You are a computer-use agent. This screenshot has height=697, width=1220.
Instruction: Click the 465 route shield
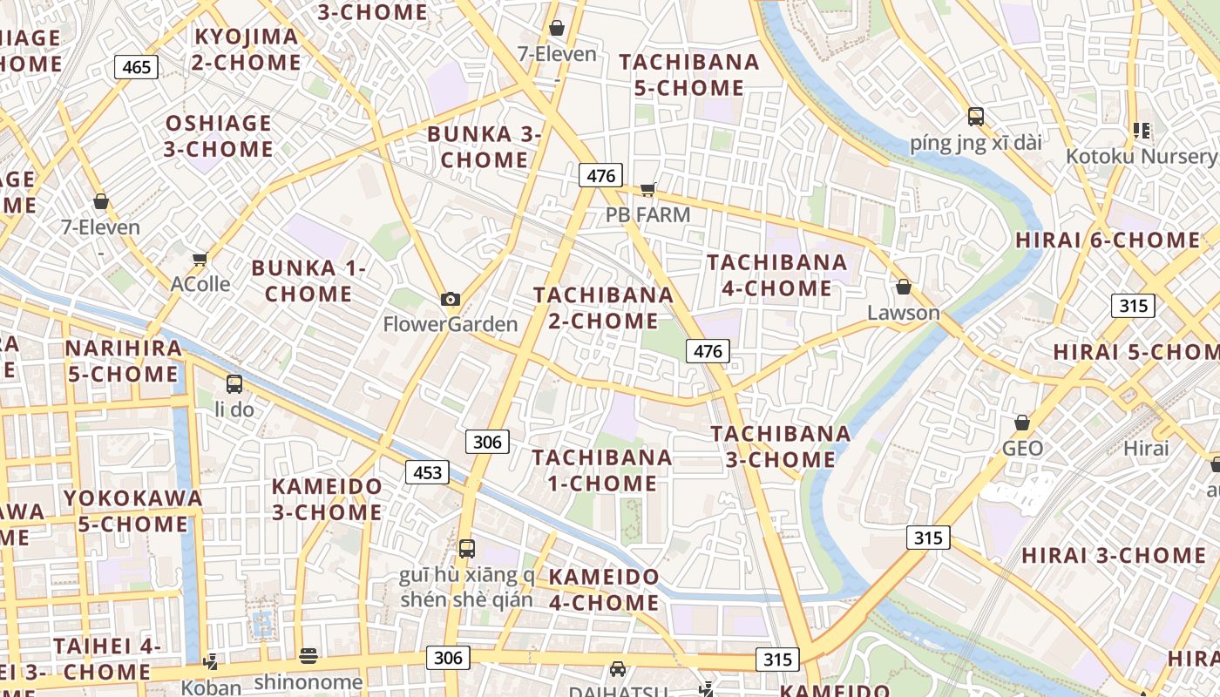click(136, 67)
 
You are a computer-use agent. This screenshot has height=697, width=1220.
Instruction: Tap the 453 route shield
click(427, 472)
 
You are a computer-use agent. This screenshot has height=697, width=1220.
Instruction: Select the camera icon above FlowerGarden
click(451, 300)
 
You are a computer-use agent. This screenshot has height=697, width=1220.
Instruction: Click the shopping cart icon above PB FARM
click(647, 189)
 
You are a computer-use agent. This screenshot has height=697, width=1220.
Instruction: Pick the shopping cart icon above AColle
click(200, 259)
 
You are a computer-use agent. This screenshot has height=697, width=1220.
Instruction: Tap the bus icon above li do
click(234, 383)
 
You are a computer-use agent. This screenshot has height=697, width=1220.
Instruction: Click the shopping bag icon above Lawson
click(904, 287)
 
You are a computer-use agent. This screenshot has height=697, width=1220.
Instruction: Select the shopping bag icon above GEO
click(1022, 423)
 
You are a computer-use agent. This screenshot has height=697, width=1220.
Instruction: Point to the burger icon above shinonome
click(308, 655)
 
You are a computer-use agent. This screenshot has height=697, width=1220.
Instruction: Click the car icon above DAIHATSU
click(618, 669)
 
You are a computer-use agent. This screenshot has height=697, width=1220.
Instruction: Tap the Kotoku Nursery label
click(1142, 157)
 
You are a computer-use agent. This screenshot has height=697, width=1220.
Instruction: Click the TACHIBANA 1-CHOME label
click(602, 470)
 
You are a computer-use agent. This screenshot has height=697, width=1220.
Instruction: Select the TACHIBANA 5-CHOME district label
click(688, 75)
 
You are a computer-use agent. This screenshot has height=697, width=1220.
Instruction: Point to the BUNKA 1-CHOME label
click(308, 281)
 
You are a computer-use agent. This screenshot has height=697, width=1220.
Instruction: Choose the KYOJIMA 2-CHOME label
click(247, 50)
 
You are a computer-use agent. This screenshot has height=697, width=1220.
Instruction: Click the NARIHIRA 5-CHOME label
click(123, 362)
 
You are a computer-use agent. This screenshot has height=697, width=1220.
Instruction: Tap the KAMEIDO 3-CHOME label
click(327, 499)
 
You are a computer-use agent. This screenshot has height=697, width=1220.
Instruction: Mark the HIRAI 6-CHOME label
click(1108, 240)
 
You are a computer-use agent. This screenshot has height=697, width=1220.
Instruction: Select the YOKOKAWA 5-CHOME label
click(133, 511)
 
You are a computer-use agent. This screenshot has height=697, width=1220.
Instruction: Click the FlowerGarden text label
click(451, 325)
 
